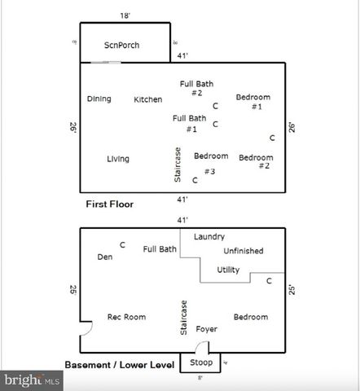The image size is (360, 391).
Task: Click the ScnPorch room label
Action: click(121, 45)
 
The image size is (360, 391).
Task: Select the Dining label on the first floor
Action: click(99, 99)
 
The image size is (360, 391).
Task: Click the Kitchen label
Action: click(147, 99)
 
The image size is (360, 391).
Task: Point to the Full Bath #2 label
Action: click(197, 88)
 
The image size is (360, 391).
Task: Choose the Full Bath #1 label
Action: click(190, 123)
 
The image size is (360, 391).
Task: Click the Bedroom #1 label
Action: click(253, 102)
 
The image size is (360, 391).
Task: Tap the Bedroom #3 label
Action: click(210, 163)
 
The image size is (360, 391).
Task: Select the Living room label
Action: click(118, 159)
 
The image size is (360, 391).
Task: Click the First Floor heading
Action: click(110, 204)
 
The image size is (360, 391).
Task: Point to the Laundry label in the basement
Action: click(209, 236)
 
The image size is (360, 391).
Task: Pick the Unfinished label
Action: click(243, 251)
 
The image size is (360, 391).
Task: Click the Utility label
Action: click(228, 270)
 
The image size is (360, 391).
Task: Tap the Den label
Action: click(105, 257)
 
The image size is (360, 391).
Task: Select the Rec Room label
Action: click(126, 316)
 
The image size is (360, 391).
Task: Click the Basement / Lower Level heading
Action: click(121, 364)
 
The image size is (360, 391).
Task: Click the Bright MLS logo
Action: click(33, 380)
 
